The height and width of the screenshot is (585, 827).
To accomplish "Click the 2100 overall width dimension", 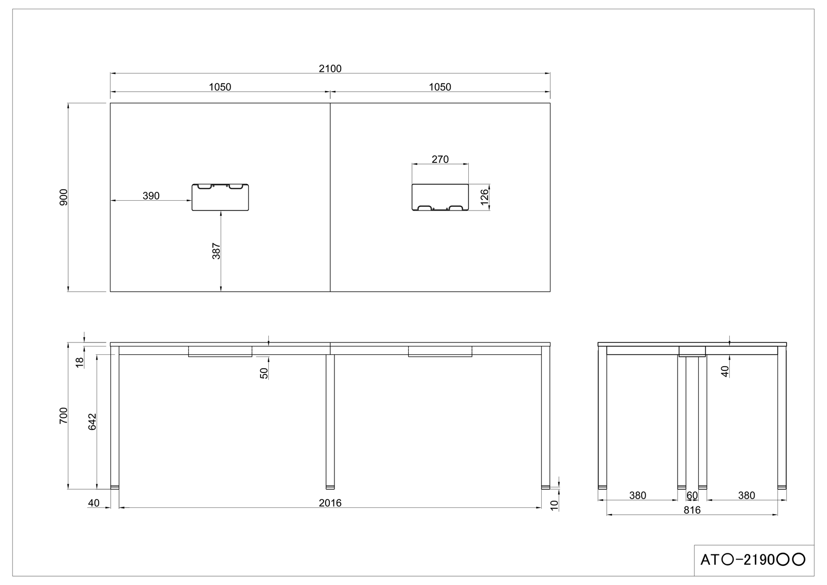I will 330,69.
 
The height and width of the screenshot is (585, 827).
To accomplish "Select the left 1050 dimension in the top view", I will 220,87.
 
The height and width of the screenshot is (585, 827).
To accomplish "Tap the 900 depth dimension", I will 64,198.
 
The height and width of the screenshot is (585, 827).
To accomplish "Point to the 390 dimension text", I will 151,196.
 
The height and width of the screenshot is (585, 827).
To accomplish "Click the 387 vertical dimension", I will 217,251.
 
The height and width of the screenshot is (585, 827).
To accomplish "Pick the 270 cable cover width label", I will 440,159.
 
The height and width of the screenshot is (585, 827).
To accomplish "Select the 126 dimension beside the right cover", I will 484,197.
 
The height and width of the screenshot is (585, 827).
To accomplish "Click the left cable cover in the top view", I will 221,198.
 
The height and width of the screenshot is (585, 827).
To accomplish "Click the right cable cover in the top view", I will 440,198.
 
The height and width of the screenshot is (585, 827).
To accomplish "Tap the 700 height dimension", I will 64,416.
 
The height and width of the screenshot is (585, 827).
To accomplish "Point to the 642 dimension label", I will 93,422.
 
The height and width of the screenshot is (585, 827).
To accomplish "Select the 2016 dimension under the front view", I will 330,503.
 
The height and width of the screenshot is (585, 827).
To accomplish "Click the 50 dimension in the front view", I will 264,373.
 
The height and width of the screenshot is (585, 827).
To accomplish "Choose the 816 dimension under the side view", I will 692,510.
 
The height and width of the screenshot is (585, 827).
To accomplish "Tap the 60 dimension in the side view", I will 692,496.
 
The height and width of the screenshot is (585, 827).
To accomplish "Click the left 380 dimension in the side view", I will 637,496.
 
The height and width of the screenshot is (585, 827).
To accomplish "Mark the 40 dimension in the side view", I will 725,371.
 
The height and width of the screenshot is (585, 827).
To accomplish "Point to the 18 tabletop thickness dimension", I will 80,362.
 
